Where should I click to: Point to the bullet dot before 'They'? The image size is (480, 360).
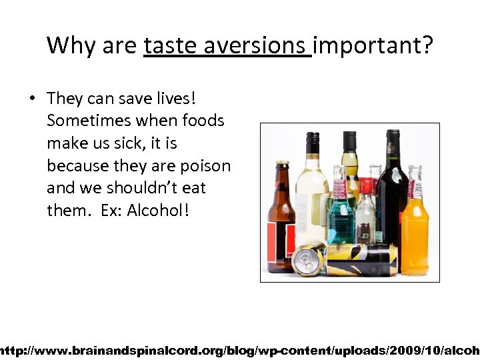click(31, 99)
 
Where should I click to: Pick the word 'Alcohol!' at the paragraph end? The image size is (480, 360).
click(158, 210)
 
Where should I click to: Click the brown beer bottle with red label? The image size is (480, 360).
click(281, 220)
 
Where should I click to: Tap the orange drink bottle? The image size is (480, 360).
click(415, 230)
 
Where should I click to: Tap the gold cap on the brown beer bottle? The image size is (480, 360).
click(283, 163)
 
